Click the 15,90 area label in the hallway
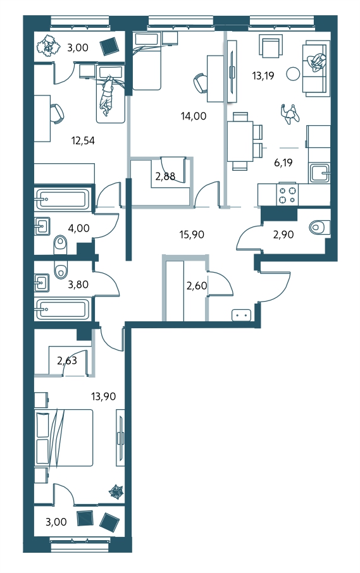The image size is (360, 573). [x=192, y=235]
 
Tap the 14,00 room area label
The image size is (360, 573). [x=194, y=116]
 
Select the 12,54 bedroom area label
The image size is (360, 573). [x=83, y=140]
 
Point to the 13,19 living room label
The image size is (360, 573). [x=263, y=76]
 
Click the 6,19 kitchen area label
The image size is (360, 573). [x=283, y=163]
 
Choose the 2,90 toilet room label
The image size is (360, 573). [x=283, y=235]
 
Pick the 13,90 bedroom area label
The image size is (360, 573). [x=103, y=396]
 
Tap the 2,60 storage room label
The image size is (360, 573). [x=197, y=285]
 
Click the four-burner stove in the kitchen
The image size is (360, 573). [x=288, y=195]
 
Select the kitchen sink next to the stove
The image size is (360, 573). [x=319, y=173]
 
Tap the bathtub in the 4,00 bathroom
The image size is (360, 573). [x=61, y=199]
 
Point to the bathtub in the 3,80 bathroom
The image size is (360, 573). [x=61, y=309]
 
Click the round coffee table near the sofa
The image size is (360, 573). [x=293, y=74]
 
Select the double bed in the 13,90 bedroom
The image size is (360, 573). [x=64, y=438]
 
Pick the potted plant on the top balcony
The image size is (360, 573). [x=47, y=46]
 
